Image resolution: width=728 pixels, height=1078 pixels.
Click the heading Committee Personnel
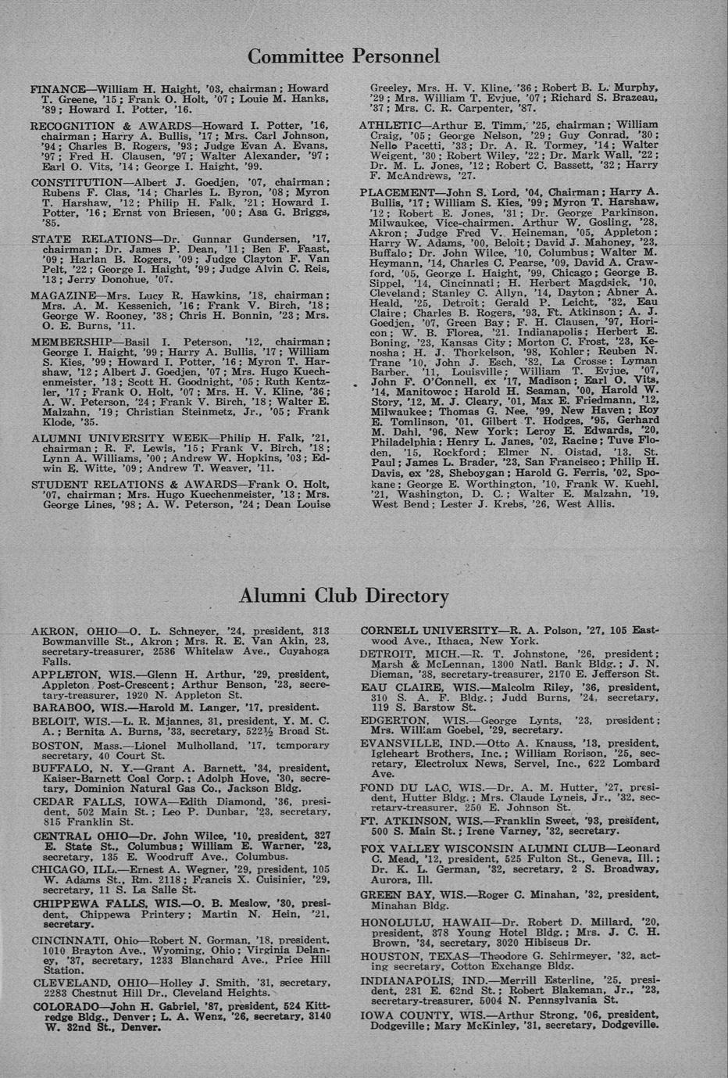343,56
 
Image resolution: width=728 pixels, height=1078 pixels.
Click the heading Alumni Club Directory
343,596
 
